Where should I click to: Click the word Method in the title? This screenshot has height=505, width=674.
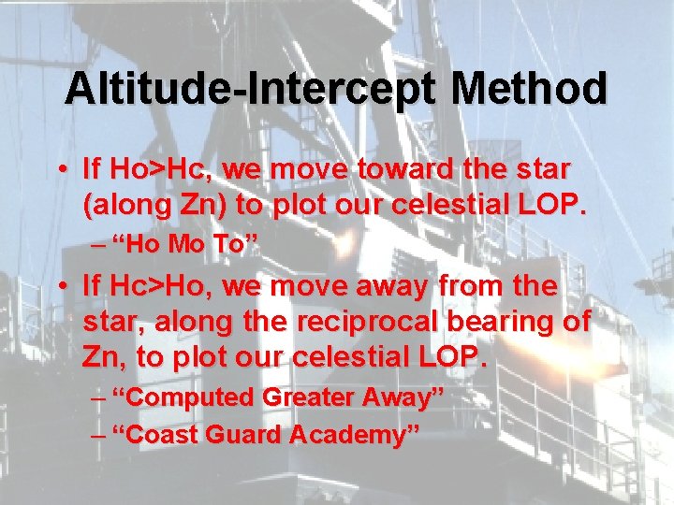pyautogui.click(x=529, y=89)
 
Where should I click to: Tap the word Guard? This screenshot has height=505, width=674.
pyautogui.click(x=238, y=434)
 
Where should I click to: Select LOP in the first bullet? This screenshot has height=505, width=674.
pyautogui.click(x=559, y=205)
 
